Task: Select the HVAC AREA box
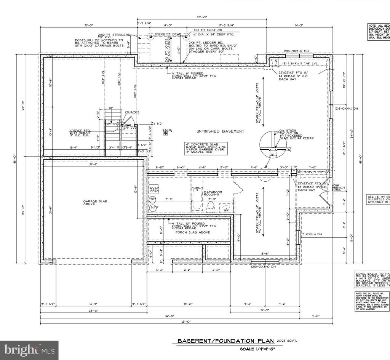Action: (x=154, y=189)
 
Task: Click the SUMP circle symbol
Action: (x=153, y=208)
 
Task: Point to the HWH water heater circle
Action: (x=153, y=199)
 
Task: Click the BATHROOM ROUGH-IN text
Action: (x=213, y=194)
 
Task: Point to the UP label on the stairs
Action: (x=111, y=108)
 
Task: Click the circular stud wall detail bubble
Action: (x=273, y=145)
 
